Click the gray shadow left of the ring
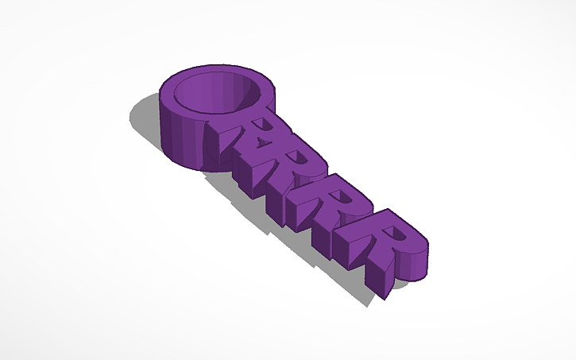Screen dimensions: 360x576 pyautogui.click(x=143, y=119)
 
